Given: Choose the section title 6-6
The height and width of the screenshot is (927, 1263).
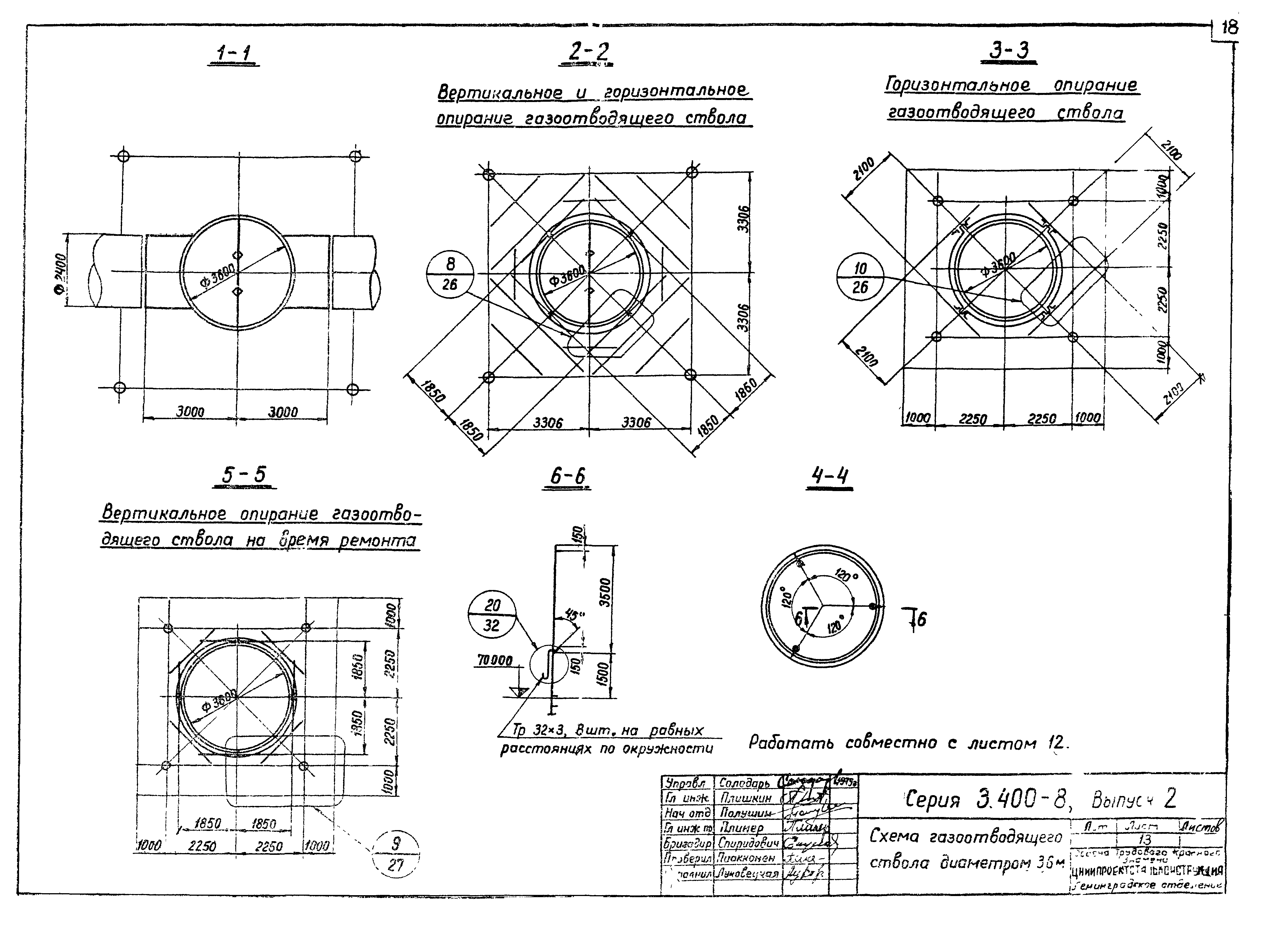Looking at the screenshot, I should (x=567, y=477).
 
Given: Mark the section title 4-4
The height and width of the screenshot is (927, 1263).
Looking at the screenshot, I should (x=830, y=477).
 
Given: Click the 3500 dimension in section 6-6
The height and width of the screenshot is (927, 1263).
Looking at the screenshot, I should (x=604, y=593).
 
